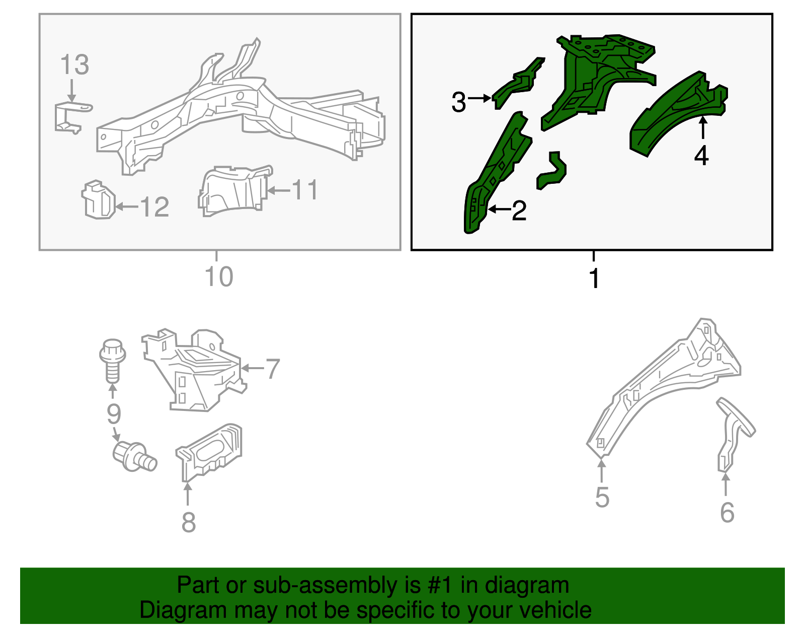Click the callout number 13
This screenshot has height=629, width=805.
[x=74, y=65]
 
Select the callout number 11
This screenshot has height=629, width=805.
[x=304, y=190]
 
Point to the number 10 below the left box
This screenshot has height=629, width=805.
[x=219, y=276]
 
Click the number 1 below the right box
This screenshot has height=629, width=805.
[x=594, y=278]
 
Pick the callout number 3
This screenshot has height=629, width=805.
[x=459, y=102]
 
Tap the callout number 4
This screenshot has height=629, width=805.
[x=701, y=156]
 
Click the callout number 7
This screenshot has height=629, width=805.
[x=273, y=369]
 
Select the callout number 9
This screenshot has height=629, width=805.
[x=114, y=414]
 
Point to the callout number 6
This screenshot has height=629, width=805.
[x=727, y=512]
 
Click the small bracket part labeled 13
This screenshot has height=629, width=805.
[x=73, y=118]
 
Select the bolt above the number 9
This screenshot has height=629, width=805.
[x=113, y=361]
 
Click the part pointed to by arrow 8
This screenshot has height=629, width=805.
[x=209, y=452]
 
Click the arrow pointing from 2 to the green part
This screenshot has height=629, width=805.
[x=500, y=209]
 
